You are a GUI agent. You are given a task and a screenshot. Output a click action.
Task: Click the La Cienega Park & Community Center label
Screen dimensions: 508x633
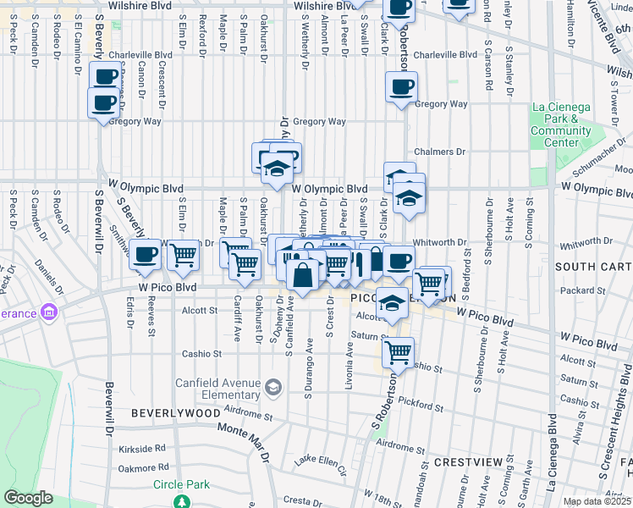point(561,124)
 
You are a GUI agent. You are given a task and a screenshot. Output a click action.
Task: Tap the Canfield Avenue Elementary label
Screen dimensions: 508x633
point(217,388)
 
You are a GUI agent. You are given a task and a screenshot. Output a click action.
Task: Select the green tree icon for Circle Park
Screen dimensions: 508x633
point(181,501)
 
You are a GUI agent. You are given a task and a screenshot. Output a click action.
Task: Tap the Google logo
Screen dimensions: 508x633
point(28,498)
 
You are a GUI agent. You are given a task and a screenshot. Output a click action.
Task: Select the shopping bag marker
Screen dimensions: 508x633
point(302,274)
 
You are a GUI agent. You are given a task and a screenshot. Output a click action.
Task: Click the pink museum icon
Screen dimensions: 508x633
point(49,314)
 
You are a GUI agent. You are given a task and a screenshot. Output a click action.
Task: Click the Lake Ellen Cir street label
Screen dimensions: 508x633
point(316,461)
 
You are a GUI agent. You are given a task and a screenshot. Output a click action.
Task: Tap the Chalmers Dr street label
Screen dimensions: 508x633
point(440,152)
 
